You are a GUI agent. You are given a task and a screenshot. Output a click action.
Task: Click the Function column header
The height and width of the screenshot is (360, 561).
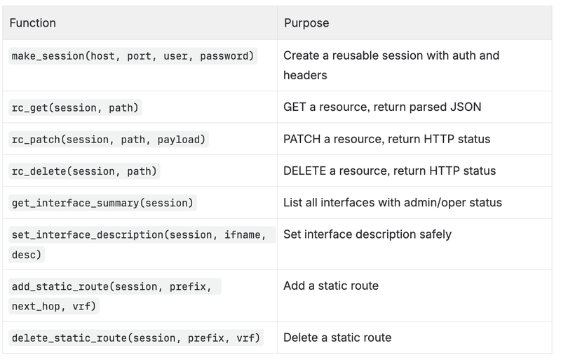coord(32,23)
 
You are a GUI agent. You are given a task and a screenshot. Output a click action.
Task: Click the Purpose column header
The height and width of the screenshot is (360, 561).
coord(306,23)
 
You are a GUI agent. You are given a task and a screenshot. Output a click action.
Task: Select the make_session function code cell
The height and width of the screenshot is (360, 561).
coord(133,56)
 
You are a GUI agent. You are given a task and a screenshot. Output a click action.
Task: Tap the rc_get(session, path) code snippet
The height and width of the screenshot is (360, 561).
coord(75,108)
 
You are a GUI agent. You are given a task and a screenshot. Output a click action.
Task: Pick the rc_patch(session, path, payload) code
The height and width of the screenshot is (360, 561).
coord(109,140)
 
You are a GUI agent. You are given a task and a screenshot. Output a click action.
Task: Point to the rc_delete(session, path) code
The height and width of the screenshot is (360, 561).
coord(84,171)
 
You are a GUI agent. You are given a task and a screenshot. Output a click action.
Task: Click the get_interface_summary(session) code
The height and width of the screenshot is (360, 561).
coord(102,203)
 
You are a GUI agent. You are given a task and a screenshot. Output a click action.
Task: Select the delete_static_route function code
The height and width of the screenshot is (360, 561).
coord(136,338)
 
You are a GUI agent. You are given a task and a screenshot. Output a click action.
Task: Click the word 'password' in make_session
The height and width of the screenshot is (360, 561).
coord(227,56)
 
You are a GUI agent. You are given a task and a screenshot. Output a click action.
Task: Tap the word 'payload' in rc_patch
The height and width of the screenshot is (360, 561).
coord(182,140)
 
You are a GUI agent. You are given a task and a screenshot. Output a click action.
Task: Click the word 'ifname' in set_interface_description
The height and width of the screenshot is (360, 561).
coord(245,235)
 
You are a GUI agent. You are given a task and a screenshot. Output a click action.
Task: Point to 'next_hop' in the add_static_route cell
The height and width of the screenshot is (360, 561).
coord(36,307)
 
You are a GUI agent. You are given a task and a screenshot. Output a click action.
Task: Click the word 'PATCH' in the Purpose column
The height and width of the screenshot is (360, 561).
coord(302,139)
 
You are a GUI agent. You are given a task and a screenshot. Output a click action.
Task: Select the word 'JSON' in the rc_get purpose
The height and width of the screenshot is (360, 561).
coord(466,107)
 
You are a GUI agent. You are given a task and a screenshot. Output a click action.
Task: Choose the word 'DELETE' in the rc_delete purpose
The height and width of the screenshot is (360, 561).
coord(304,171)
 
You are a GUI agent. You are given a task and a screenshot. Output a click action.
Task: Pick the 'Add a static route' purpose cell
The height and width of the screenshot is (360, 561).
coord(331,286)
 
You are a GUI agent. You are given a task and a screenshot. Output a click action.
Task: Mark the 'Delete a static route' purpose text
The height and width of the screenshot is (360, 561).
coord(337,338)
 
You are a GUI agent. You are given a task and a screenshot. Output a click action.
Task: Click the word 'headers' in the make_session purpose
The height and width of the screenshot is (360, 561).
coord(305,75)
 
